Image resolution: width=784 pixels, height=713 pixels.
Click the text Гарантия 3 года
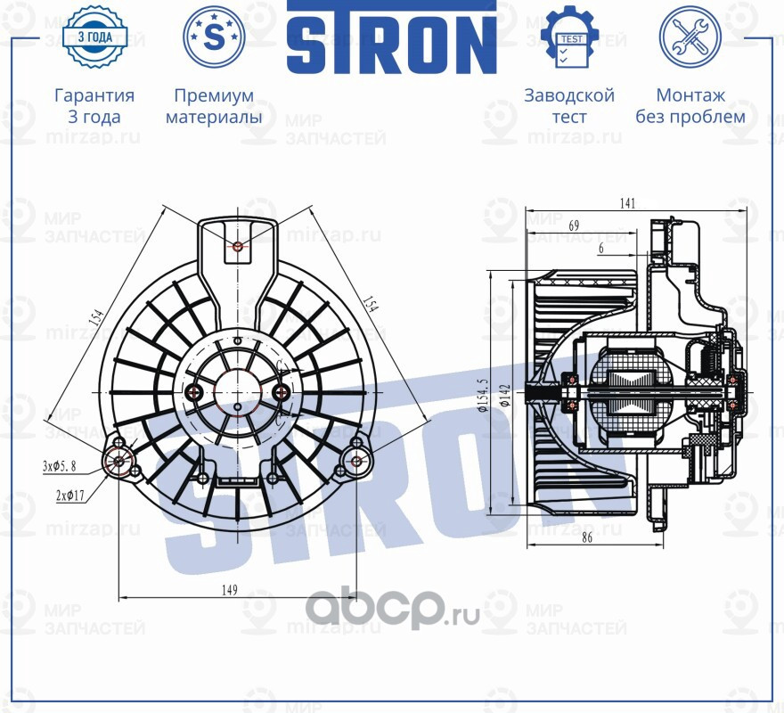coord(94,106)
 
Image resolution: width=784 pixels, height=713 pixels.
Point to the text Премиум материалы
coord(214,106)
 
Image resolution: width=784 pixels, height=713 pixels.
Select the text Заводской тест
coord(569,106)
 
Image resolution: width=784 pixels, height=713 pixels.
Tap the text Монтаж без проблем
coord(690,106)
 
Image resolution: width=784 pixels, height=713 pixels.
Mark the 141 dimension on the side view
coord(627,204)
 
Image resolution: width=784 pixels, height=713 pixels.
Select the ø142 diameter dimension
coord(505,395)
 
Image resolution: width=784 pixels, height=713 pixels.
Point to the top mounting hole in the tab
coord(237,246)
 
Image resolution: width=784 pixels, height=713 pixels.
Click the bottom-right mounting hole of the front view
coord(356,460)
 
